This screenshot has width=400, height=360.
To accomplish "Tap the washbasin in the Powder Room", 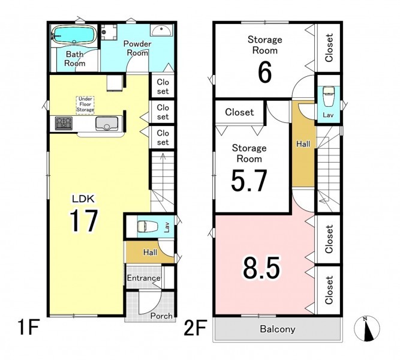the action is click(x=161, y=30).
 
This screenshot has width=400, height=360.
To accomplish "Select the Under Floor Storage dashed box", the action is click(x=85, y=105).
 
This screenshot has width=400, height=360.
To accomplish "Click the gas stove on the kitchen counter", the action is click(x=64, y=123).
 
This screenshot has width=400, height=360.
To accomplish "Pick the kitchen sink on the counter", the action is click(x=107, y=124).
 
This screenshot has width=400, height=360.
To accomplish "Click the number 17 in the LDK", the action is click(x=84, y=221).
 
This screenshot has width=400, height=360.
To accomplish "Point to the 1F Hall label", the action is click(x=150, y=253).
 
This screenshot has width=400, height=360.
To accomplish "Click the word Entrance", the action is click(x=144, y=278).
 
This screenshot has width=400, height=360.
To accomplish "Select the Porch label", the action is click(x=161, y=316).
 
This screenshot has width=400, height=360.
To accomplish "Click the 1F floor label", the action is click(x=28, y=327).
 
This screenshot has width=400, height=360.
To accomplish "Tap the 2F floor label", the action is click(x=195, y=328).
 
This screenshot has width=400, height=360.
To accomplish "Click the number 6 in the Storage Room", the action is click(x=264, y=73).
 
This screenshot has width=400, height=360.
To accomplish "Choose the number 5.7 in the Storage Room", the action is click(x=249, y=181).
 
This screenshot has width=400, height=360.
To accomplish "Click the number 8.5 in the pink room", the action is click(x=261, y=268).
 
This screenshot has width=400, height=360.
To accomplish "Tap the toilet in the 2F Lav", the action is click(x=328, y=96).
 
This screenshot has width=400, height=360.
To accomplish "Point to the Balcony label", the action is click(x=278, y=329).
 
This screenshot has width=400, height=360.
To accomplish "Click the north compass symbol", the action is click(x=367, y=329).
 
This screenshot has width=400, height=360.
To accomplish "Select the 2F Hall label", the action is click(x=303, y=144).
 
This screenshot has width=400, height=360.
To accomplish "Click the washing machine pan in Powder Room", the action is click(x=109, y=32).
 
